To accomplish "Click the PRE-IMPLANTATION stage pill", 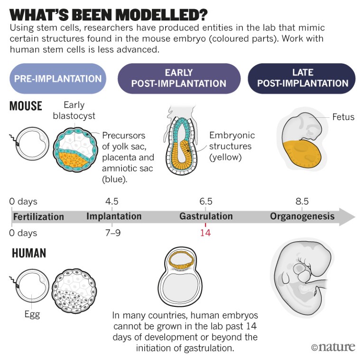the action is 58,78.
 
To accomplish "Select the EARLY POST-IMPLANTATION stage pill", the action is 179,78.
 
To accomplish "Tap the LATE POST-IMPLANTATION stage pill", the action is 301,78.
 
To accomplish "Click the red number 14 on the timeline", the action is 205,233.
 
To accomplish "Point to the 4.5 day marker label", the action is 112,201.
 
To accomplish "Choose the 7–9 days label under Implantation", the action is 113,233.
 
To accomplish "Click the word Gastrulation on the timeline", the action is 206,216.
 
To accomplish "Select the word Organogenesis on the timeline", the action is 302,216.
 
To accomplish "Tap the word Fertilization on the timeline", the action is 38,217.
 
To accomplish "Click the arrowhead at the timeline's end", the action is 347,217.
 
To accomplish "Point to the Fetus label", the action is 343,117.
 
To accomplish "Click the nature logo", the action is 333,347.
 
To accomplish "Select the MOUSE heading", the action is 26,106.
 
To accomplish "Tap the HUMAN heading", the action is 29,253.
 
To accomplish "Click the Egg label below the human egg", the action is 32,314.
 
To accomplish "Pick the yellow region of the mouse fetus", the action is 302,153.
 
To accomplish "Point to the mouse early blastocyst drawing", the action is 75,149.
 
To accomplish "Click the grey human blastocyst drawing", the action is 74,291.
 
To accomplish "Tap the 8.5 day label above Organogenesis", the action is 302,201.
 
